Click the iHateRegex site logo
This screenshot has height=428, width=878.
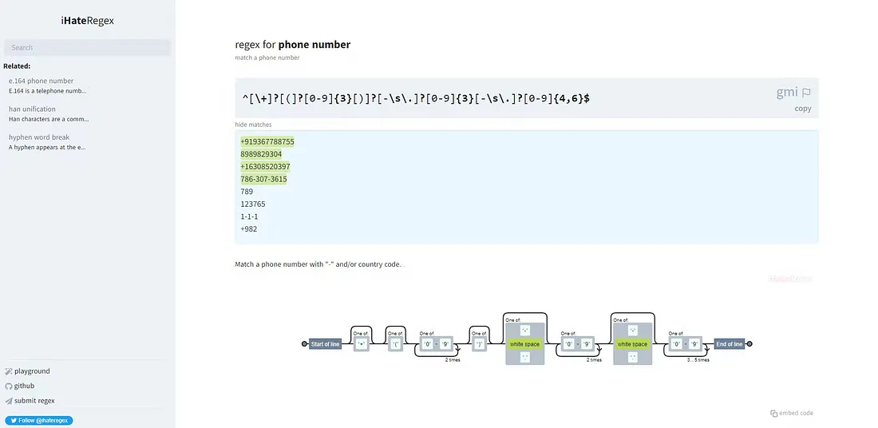[x=87, y=21]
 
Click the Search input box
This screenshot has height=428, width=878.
[x=87, y=48]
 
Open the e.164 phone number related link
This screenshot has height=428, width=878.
[x=42, y=81]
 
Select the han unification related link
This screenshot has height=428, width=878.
[x=33, y=109]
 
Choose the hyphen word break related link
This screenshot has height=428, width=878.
[x=39, y=137]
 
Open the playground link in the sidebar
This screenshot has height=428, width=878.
[x=32, y=371]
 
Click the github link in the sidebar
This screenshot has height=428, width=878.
[x=24, y=386]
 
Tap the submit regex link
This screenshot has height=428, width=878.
[x=34, y=400]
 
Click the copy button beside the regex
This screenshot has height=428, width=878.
[x=803, y=109]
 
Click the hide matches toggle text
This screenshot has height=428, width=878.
[x=253, y=125]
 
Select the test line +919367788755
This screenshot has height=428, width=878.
[x=267, y=141]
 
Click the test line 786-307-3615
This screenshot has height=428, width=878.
[x=263, y=179]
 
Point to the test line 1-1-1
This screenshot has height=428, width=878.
[x=249, y=216]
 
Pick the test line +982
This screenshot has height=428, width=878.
[x=248, y=229]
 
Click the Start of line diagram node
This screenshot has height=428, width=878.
[x=325, y=344]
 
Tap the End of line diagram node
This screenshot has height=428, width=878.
[x=730, y=344]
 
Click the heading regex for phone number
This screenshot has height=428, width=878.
[x=292, y=45]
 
